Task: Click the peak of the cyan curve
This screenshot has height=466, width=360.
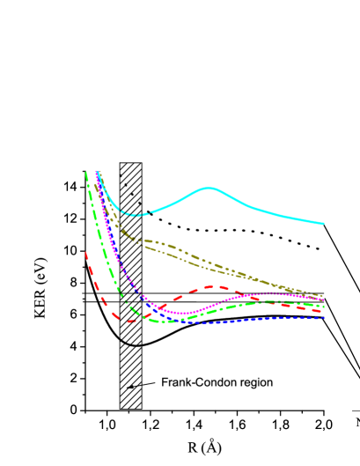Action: [x=209, y=188]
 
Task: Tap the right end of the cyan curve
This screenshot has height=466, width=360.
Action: [x=324, y=224]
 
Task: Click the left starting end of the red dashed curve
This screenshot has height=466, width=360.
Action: [x=85, y=253]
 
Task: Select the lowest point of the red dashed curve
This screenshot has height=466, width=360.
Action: [x=129, y=321]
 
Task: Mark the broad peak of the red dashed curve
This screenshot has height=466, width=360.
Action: [x=215, y=286]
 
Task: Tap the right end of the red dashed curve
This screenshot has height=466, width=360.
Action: [x=324, y=311]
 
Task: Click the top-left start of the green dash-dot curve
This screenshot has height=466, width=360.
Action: [x=86, y=173]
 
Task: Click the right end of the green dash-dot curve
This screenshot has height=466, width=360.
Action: [x=324, y=306]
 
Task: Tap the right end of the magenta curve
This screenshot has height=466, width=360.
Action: [x=324, y=300]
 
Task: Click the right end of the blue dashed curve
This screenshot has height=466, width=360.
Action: [x=325, y=318]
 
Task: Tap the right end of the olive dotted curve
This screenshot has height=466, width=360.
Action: [x=323, y=296]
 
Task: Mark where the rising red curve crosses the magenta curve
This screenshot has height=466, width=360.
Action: [x=163, y=307]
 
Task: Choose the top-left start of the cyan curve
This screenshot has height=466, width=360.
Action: [x=96, y=173]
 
